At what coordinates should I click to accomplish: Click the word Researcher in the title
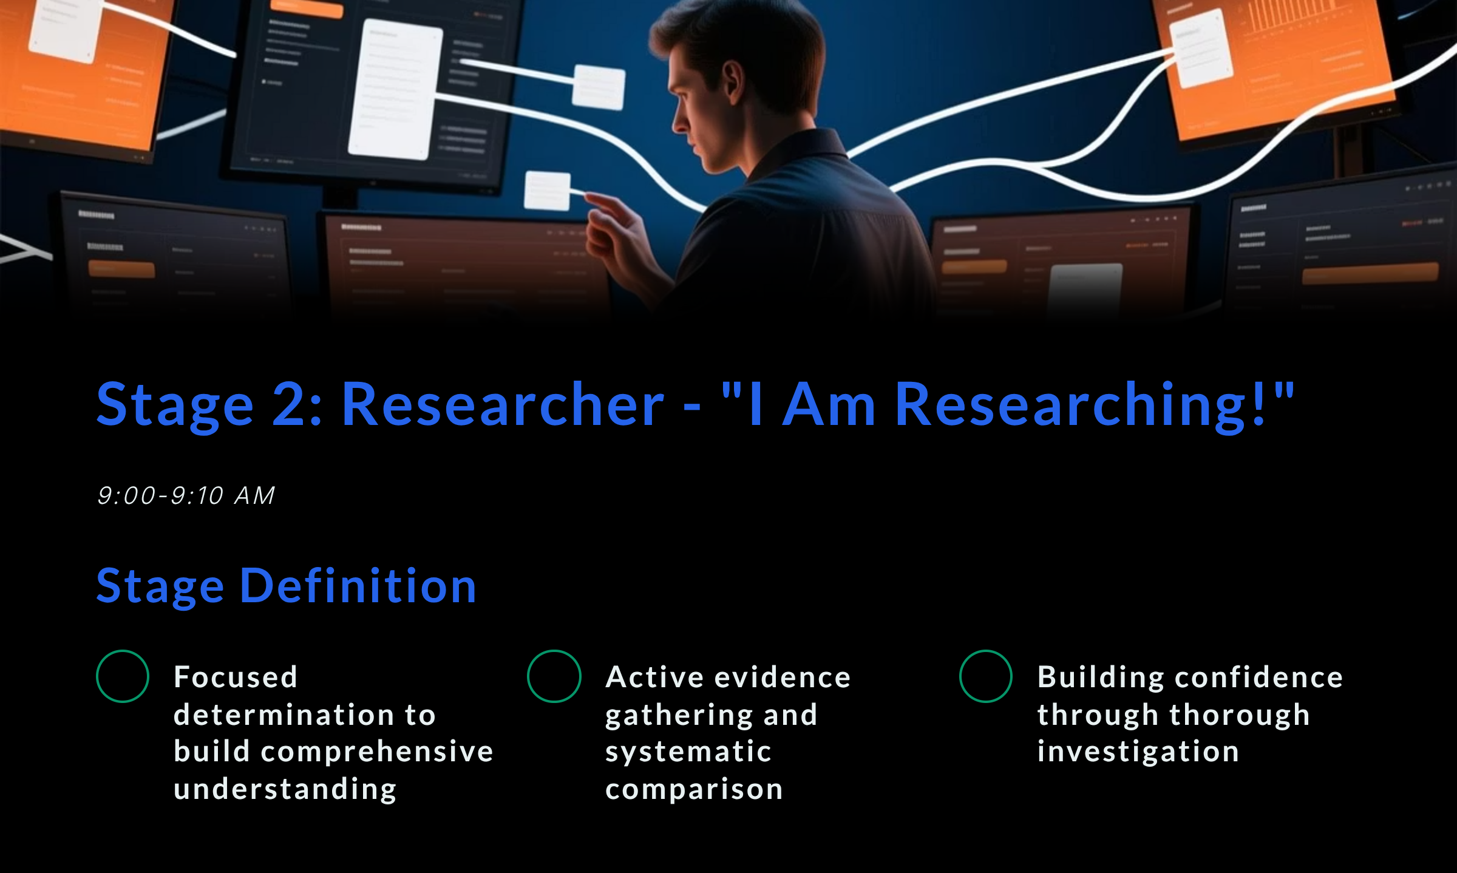pyautogui.click(x=503, y=406)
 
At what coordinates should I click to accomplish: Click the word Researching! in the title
pyautogui.click(x=1081, y=406)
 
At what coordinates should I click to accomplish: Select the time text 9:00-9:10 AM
pyautogui.click(x=186, y=496)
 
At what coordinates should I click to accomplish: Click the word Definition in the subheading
pyautogui.click(x=358, y=586)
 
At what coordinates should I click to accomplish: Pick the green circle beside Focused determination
pyautogui.click(x=123, y=676)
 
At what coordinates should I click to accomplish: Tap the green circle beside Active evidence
pyautogui.click(x=554, y=676)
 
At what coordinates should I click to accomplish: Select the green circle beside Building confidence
pyautogui.click(x=986, y=676)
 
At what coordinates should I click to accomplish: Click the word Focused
pyautogui.click(x=236, y=678)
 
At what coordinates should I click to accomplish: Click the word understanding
pyautogui.click(x=285, y=789)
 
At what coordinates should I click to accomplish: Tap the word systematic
pyautogui.click(x=688, y=752)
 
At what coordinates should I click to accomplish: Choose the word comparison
pyautogui.click(x=694, y=789)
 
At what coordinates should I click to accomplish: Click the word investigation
pyautogui.click(x=1138, y=752)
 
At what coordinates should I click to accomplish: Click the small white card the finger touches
pyautogui.click(x=548, y=191)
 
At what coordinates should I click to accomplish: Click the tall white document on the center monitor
pyautogui.click(x=395, y=90)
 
